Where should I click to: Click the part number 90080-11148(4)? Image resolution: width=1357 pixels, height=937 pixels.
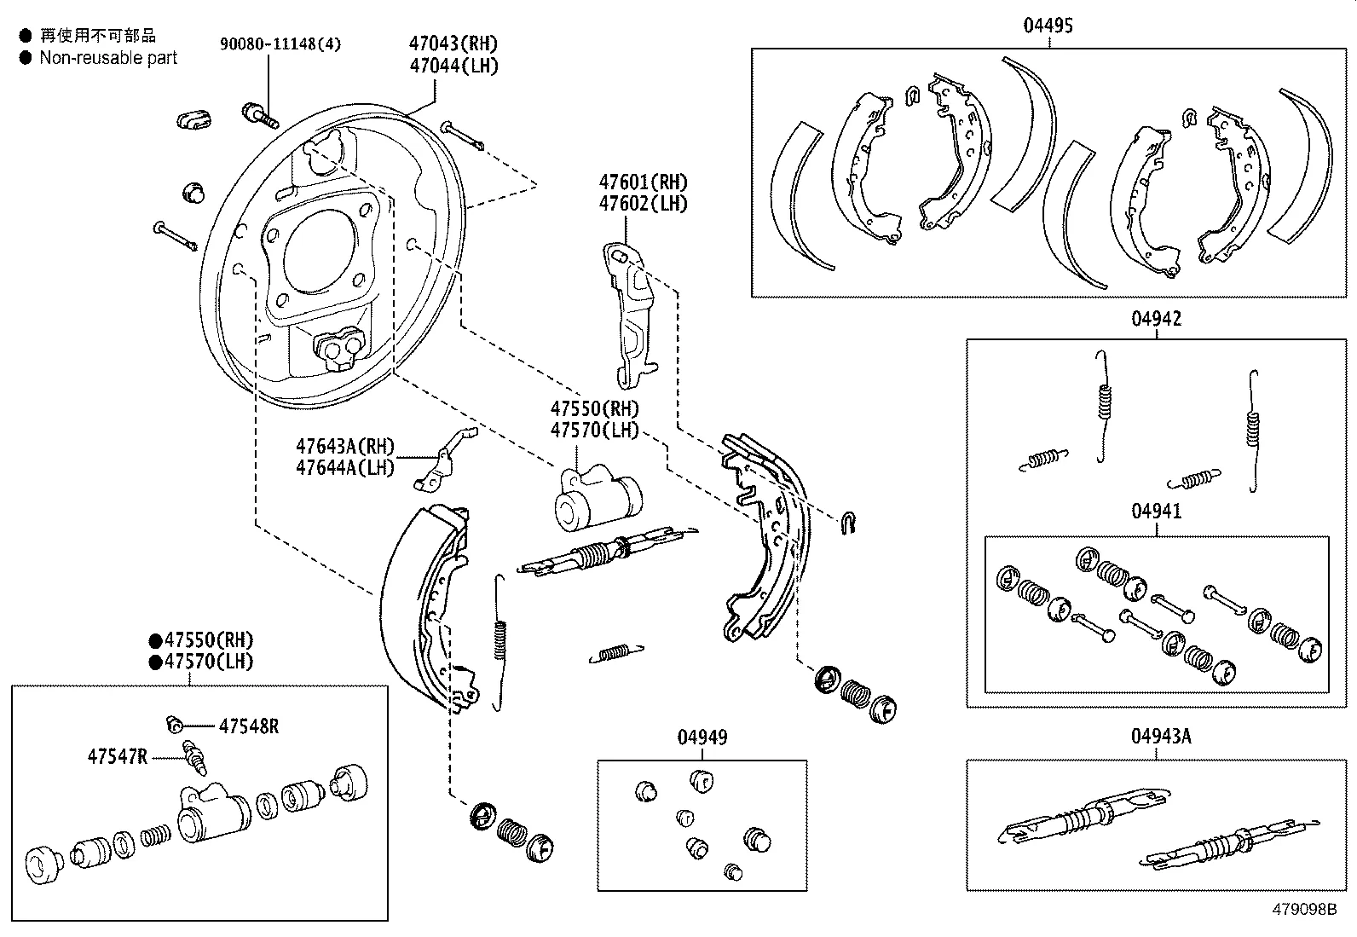[280, 44]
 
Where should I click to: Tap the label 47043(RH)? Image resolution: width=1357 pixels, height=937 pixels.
[453, 43]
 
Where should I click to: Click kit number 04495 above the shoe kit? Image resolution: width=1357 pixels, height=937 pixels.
[1048, 26]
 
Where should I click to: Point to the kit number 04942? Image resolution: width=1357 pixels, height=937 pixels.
[1157, 319]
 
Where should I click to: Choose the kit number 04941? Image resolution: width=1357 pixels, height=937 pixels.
[1157, 512]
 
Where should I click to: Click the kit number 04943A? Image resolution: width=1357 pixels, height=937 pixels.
[1161, 736]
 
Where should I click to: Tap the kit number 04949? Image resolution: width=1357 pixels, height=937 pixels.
[702, 737]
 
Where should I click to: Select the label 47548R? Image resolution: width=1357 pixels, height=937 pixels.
[249, 726]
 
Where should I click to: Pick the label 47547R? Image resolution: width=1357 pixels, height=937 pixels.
[117, 755]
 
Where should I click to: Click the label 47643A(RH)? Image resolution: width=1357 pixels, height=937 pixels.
[345, 446]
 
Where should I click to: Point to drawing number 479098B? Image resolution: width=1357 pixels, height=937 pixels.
[1303, 910]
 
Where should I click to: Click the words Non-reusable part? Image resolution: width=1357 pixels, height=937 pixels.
[108, 58]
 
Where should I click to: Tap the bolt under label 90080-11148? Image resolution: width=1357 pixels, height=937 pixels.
[259, 114]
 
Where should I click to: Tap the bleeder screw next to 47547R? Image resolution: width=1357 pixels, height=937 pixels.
[195, 757]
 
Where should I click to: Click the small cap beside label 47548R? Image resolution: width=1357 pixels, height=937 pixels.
[175, 725]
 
